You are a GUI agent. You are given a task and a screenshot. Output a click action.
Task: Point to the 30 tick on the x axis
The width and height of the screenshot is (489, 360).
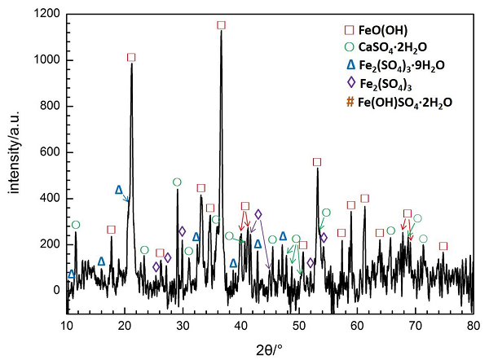183,327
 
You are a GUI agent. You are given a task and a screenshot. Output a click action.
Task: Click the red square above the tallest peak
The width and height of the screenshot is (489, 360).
221,25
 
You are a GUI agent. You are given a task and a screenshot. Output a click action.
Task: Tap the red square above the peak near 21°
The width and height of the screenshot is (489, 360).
131,58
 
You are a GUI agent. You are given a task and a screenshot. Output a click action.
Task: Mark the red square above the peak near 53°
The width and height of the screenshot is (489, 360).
317,162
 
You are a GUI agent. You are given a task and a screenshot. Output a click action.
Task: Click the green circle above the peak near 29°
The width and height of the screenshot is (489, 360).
177,182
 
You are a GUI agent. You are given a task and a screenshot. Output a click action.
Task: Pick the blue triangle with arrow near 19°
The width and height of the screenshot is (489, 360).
119,190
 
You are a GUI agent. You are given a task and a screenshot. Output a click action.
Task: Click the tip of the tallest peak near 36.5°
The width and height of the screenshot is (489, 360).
221,33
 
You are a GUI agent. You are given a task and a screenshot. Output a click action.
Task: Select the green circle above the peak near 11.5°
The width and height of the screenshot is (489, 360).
76,225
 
